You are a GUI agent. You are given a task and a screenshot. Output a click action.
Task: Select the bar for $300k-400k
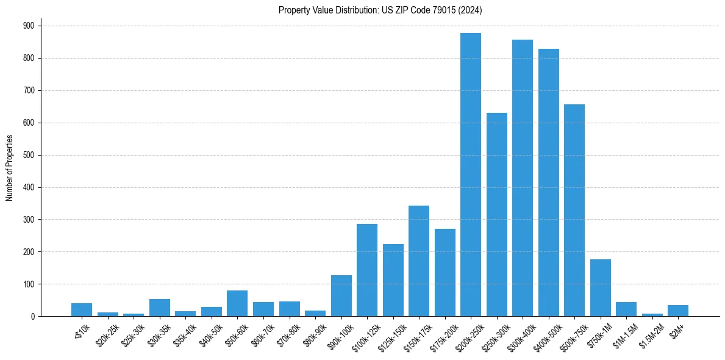(x=523, y=178)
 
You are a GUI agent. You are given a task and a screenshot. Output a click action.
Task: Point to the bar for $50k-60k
(x=237, y=303)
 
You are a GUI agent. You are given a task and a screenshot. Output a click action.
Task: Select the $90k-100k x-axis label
(x=340, y=334)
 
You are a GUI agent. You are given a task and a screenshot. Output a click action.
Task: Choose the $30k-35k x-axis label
(x=159, y=334)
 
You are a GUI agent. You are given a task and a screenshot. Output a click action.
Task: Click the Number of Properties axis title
(x=9, y=167)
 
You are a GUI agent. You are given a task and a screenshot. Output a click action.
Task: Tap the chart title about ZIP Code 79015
(x=380, y=10)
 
